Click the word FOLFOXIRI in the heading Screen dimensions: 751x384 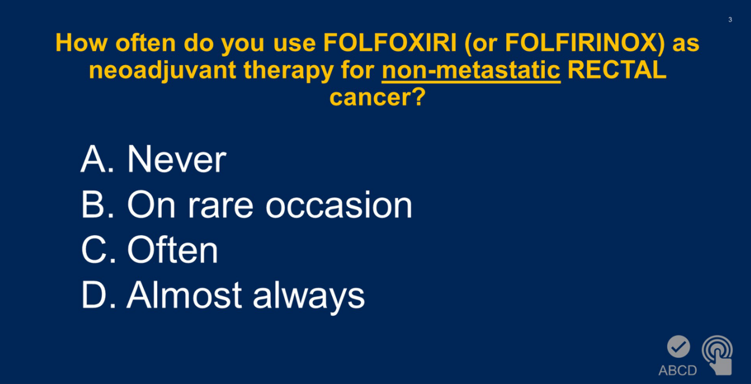(390, 43)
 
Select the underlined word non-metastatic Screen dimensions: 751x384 (471, 70)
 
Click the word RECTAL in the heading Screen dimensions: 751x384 (617, 70)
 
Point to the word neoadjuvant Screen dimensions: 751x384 (162, 71)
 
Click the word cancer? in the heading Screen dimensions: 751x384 (377, 97)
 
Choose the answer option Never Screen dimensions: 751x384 (177, 159)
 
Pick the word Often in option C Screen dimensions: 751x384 (173, 249)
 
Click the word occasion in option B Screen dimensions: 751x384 (339, 205)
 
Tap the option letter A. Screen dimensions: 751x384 (93, 159)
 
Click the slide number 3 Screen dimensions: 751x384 (730, 20)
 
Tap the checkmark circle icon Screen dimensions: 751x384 (679, 347)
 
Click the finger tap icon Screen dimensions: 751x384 (717, 355)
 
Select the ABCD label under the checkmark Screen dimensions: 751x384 (678, 370)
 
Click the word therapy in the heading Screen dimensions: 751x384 (288, 71)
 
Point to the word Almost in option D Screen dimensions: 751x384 (184, 295)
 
